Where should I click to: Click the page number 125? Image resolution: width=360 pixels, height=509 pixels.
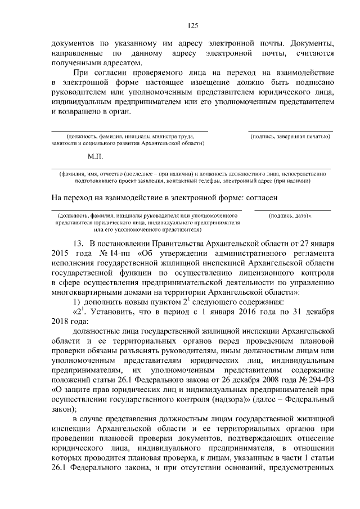[192, 25]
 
